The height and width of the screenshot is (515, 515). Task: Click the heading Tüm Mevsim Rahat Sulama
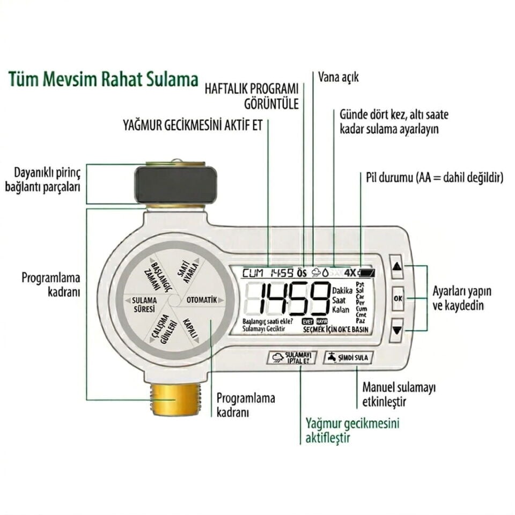pyautogui.click(x=103, y=80)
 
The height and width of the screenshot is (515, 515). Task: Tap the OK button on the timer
pyautogui.click(x=397, y=297)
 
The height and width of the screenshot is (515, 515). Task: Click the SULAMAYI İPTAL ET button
pyautogui.click(x=292, y=358)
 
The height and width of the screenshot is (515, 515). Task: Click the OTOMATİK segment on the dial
pyautogui.click(x=201, y=300)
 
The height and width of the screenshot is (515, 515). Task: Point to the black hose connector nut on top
pyautogui.click(x=175, y=184)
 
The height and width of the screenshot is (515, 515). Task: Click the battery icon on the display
pyautogui.click(x=367, y=273)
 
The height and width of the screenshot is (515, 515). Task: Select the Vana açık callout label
pyautogui.click(x=338, y=77)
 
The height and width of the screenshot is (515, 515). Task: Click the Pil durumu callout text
pyautogui.click(x=435, y=178)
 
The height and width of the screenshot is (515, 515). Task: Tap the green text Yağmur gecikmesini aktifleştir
pyautogui.click(x=352, y=430)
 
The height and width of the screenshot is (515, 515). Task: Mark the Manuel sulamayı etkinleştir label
pyautogui.click(x=399, y=394)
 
